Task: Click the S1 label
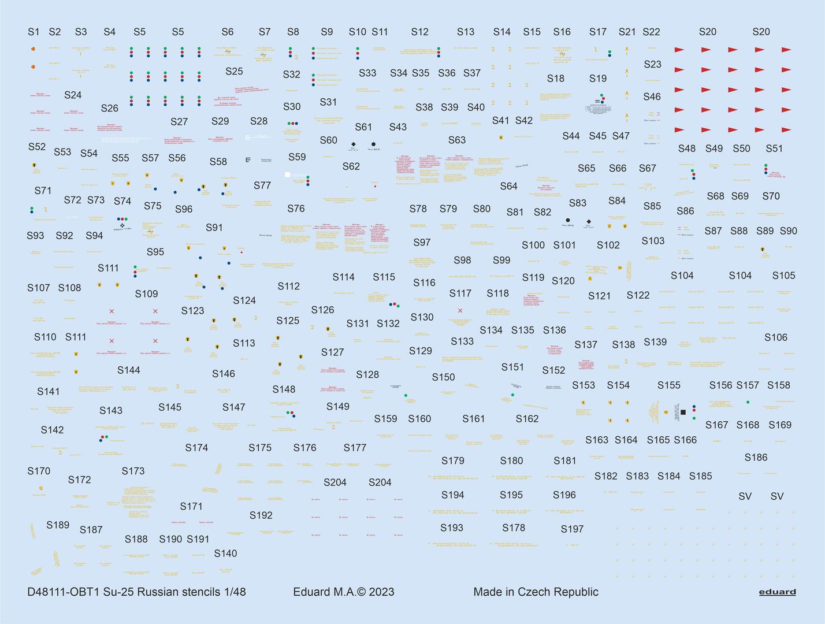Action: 34,32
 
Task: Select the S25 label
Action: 234,72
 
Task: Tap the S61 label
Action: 363,127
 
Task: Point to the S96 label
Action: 184,209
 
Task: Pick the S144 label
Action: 129,370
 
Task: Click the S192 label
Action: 261,515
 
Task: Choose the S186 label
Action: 756,458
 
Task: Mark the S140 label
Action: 225,554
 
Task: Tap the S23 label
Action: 652,65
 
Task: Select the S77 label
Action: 262,185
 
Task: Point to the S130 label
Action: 422,317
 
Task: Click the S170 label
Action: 39,471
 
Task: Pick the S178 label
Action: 514,528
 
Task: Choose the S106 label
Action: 776,337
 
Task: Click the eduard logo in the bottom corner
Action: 777,592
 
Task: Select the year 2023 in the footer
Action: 382,592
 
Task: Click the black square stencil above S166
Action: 683,412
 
